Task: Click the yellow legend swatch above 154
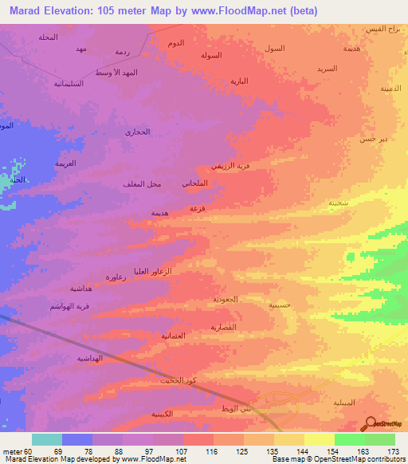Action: point(319,439)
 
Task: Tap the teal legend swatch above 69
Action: point(47,439)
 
